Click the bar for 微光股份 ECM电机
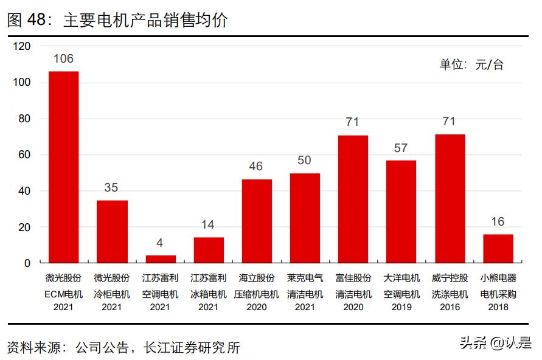(63, 167)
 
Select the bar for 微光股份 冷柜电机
(112, 232)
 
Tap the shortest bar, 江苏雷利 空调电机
(160, 259)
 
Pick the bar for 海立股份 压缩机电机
(257, 221)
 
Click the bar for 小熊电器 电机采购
(498, 249)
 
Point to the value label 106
(63, 59)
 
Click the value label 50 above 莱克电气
(304, 161)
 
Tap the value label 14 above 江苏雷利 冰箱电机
(208, 224)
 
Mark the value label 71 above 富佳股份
(352, 122)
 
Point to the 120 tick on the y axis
(21, 46)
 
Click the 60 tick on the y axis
(24, 155)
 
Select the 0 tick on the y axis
(27, 263)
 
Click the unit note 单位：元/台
(471, 65)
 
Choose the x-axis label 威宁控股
(450, 278)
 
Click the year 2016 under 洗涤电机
(450, 307)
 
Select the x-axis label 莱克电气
(305, 278)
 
